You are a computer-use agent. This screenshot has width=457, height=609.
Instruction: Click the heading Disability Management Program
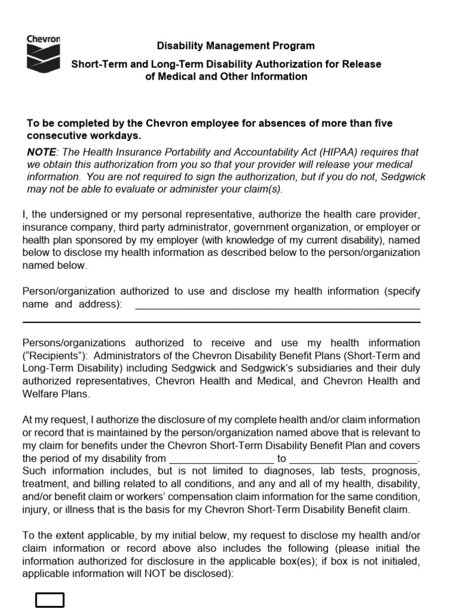pyautogui.click(x=236, y=46)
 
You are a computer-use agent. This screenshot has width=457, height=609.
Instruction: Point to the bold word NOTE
pyautogui.click(x=40, y=152)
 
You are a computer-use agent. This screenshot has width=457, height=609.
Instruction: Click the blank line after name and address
pyautogui.click(x=277, y=305)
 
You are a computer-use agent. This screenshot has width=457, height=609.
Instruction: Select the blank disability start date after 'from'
pyautogui.click(x=221, y=459)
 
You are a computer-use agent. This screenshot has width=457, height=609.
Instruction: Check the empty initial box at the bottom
pyautogui.click(x=50, y=599)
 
